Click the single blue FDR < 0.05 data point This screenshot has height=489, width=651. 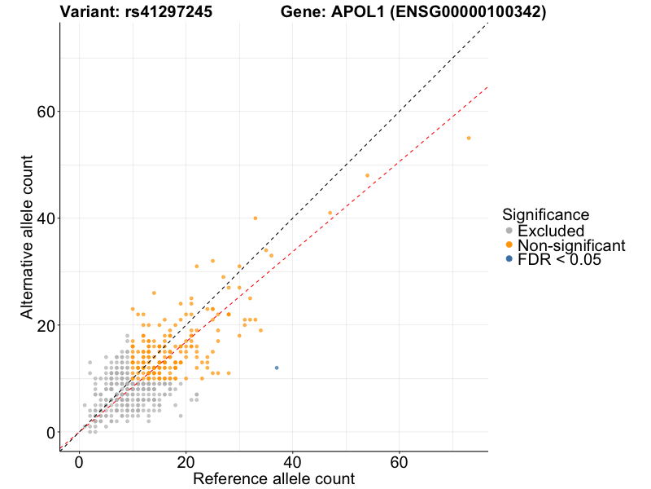(277, 368)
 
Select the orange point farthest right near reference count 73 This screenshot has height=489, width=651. (469, 138)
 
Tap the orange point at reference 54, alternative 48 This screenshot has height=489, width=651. (367, 175)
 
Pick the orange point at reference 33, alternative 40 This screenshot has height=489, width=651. (256, 218)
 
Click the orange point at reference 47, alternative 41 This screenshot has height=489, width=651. (330, 213)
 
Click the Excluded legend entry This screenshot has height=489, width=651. (551, 231)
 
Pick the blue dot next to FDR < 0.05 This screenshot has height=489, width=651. (509, 259)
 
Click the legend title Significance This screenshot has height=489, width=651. (545, 215)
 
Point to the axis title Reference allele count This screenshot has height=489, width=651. (273, 479)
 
